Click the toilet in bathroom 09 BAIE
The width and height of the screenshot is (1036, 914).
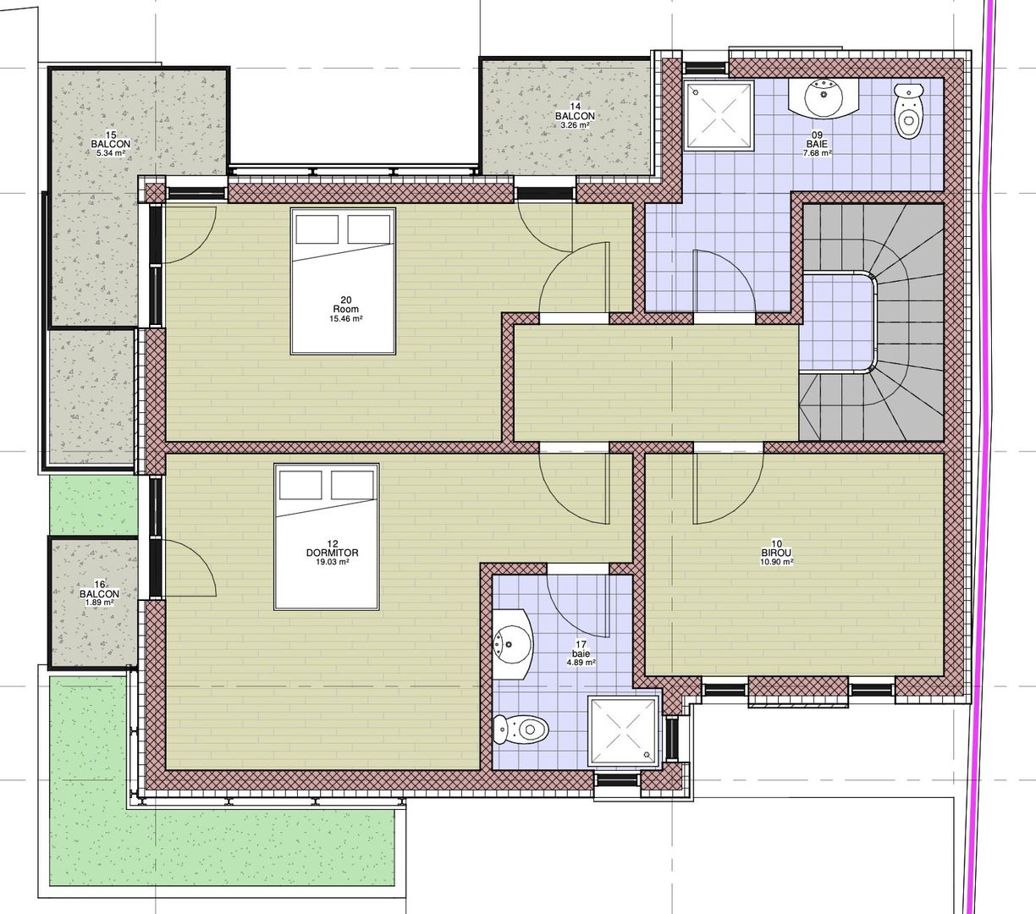(x=909, y=111)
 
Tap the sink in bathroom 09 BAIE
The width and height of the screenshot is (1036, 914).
(x=824, y=98)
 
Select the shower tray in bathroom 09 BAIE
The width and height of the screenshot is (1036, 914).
(x=719, y=116)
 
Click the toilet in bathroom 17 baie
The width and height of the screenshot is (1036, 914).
(x=521, y=729)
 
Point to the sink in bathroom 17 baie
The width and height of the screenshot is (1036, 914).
(x=513, y=644)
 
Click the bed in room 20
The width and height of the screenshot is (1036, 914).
(x=343, y=281)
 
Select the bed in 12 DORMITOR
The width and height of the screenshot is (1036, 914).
(x=327, y=537)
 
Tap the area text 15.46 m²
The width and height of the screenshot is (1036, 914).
(x=346, y=318)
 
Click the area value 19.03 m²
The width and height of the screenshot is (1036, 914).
(x=333, y=562)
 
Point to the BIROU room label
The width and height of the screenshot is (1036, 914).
(x=776, y=553)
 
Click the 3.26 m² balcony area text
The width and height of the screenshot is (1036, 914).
(x=576, y=124)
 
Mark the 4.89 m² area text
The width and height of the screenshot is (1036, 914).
(x=581, y=663)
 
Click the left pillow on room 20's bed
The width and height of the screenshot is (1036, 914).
(x=317, y=229)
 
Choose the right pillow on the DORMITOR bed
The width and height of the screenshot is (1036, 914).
(x=352, y=485)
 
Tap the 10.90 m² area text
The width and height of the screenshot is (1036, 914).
(x=777, y=562)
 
